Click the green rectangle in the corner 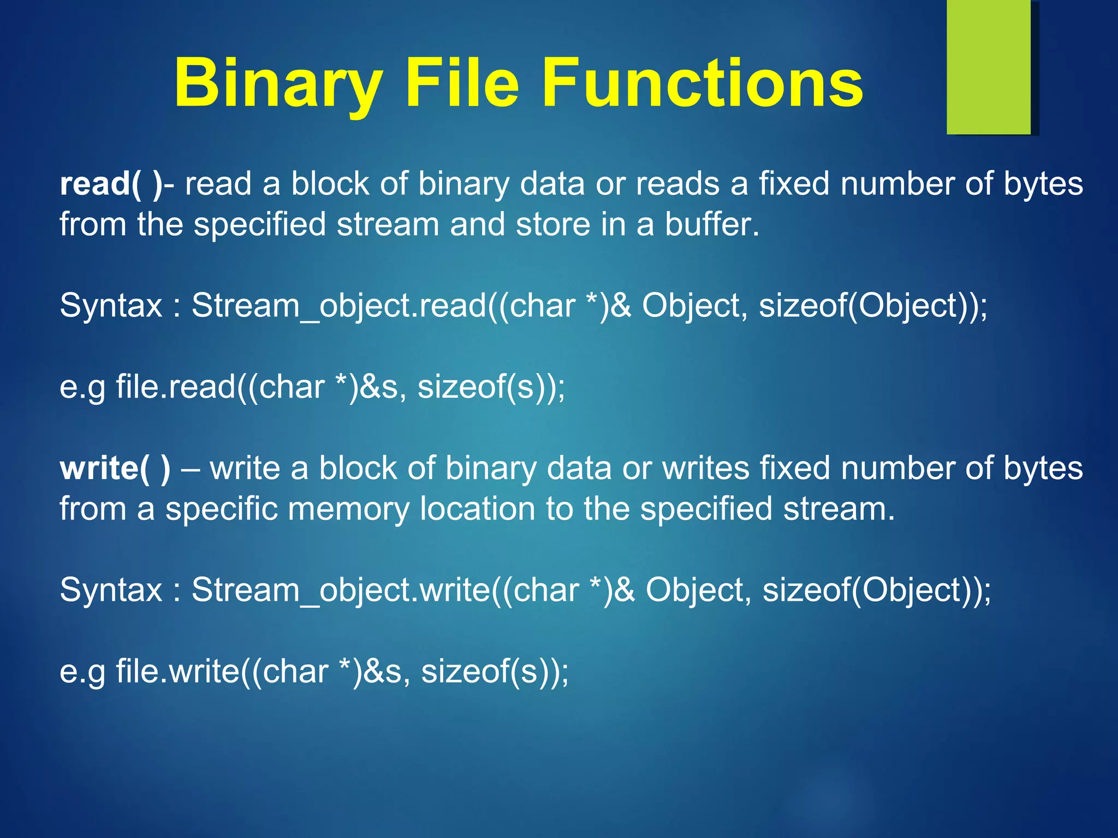click(989, 67)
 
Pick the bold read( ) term click(111, 184)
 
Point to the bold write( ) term click(115, 469)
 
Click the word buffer click(711, 224)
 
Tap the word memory click(348, 509)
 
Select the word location click(478, 509)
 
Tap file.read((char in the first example click(220, 387)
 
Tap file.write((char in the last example click(222, 671)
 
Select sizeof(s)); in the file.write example click(495, 671)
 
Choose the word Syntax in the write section click(111, 590)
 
